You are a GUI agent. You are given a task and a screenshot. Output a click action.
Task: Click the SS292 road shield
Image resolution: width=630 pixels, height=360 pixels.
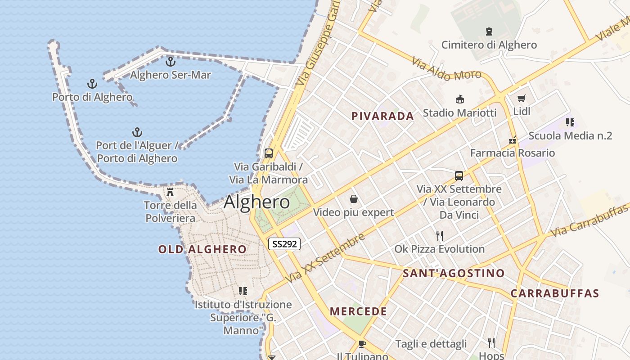284,244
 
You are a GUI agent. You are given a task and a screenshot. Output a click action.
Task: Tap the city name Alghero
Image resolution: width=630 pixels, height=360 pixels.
256,202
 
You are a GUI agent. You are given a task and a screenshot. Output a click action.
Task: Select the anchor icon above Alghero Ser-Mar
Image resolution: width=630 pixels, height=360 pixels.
170,62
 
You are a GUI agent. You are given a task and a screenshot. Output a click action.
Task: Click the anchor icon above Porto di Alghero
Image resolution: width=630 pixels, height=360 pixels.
92,84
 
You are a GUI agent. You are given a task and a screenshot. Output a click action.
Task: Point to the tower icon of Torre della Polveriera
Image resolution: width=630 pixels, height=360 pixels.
170,192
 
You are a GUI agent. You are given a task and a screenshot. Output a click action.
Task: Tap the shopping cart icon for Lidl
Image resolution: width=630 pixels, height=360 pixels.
522,98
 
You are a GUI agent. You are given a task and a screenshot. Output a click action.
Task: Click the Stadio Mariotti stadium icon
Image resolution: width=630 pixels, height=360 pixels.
459,99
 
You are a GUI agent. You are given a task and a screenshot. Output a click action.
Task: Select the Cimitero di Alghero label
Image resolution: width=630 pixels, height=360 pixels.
489,45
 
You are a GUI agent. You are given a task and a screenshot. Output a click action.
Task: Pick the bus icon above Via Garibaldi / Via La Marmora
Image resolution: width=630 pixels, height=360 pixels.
269,153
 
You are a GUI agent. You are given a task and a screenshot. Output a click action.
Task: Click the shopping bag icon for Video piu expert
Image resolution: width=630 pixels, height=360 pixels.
354,199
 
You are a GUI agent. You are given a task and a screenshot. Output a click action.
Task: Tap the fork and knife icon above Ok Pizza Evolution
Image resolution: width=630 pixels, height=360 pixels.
440,235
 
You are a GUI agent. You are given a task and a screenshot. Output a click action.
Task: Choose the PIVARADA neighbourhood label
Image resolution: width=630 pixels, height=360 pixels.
382,116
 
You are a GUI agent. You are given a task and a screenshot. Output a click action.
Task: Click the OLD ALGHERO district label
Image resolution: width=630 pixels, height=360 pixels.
202,249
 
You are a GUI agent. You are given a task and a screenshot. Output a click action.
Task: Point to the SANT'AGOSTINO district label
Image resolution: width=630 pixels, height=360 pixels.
454,273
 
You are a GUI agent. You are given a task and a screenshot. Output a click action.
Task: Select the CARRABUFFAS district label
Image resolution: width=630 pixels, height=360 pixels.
554,294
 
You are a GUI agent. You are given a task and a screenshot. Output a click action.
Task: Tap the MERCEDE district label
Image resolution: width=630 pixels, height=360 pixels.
358,311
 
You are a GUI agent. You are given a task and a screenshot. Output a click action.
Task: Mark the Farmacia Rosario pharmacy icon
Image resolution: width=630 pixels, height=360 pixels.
512,140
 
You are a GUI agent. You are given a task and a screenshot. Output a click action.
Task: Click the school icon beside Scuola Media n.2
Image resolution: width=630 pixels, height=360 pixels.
570,122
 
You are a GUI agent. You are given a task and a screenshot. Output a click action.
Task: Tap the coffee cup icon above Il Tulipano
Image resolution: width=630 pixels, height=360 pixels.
362,344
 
